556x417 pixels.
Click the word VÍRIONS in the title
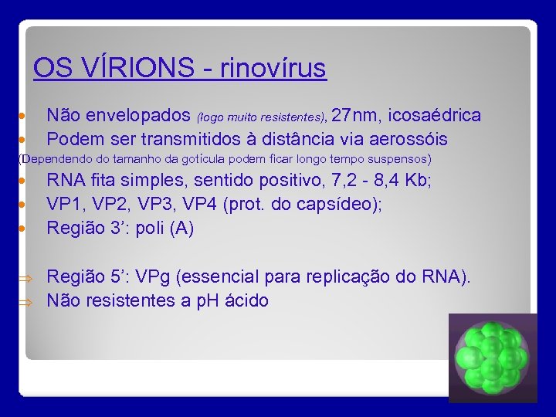pos(144,69)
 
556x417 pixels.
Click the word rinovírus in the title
pos(273,69)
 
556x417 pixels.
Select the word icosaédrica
pos(435,116)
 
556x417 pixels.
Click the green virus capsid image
pos(493,357)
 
